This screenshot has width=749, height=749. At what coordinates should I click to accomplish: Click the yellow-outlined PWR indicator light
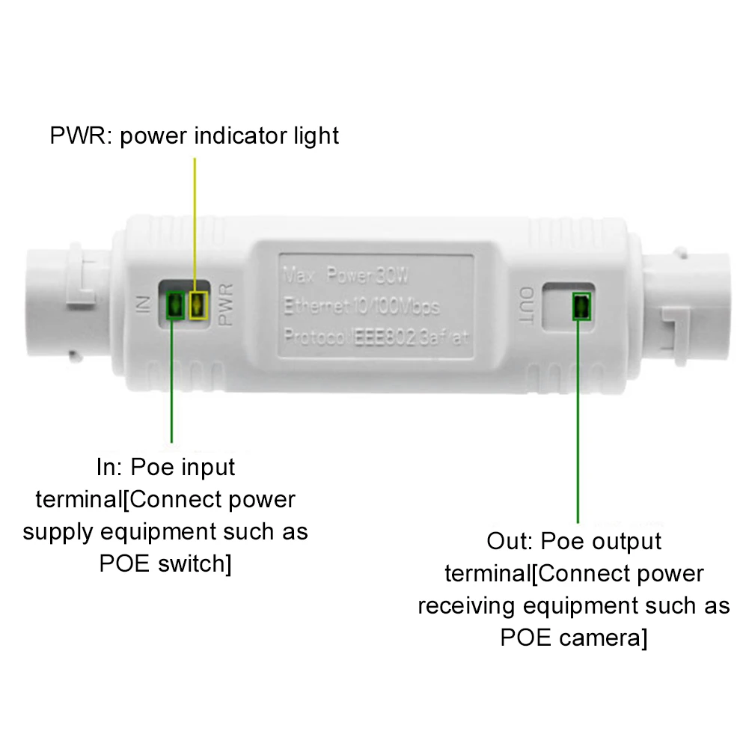198,305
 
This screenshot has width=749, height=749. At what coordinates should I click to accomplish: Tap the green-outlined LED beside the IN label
174,305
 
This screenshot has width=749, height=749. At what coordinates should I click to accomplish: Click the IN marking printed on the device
145,305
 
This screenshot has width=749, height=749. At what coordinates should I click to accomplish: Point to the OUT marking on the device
526,306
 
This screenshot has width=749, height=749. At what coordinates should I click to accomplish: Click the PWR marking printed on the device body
228,305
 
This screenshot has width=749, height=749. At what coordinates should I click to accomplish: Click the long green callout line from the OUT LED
578,419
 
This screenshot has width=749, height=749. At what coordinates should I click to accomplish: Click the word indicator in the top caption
233,136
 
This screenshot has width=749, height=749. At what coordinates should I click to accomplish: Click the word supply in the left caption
58,531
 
